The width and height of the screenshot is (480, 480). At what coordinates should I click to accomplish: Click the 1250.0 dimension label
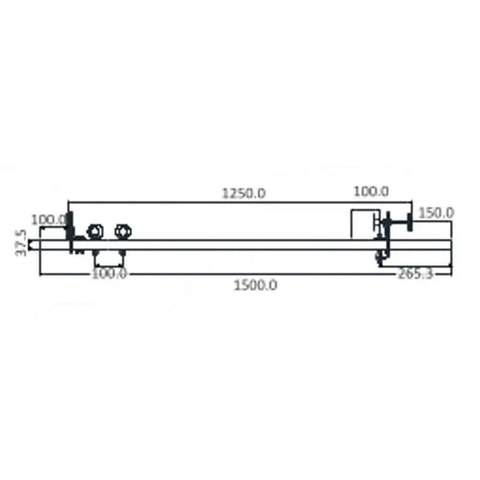coord(244,193)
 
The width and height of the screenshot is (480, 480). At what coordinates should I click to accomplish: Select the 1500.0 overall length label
coord(255,285)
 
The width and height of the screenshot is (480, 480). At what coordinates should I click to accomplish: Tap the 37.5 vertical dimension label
coord(22,243)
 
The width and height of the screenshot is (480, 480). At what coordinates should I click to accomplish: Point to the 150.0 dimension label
coord(436,213)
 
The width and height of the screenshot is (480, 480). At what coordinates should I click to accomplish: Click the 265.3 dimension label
coord(415,274)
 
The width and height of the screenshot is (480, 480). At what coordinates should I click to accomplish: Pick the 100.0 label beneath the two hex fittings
coord(110,274)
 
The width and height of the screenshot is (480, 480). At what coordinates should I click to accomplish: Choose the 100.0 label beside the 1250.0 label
coord(371,191)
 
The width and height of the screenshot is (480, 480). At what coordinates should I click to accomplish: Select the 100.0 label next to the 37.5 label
coord(49,220)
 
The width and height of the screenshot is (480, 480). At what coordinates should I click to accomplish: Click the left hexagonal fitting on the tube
coord(94,232)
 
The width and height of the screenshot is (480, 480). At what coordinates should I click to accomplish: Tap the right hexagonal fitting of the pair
coord(123,232)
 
